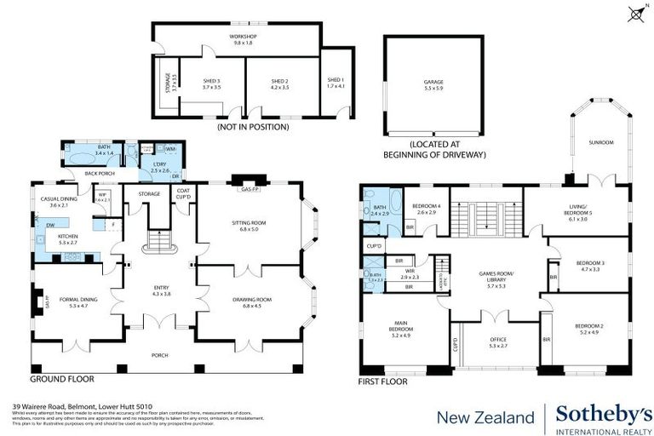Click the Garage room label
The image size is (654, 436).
(434, 83)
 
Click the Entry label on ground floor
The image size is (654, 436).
(162, 291)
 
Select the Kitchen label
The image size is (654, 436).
(68, 239)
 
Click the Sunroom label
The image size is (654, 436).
(602, 142)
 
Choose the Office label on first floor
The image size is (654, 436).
(498, 341)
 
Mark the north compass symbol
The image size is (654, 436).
(635, 12)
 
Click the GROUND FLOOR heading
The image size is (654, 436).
(62, 378)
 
